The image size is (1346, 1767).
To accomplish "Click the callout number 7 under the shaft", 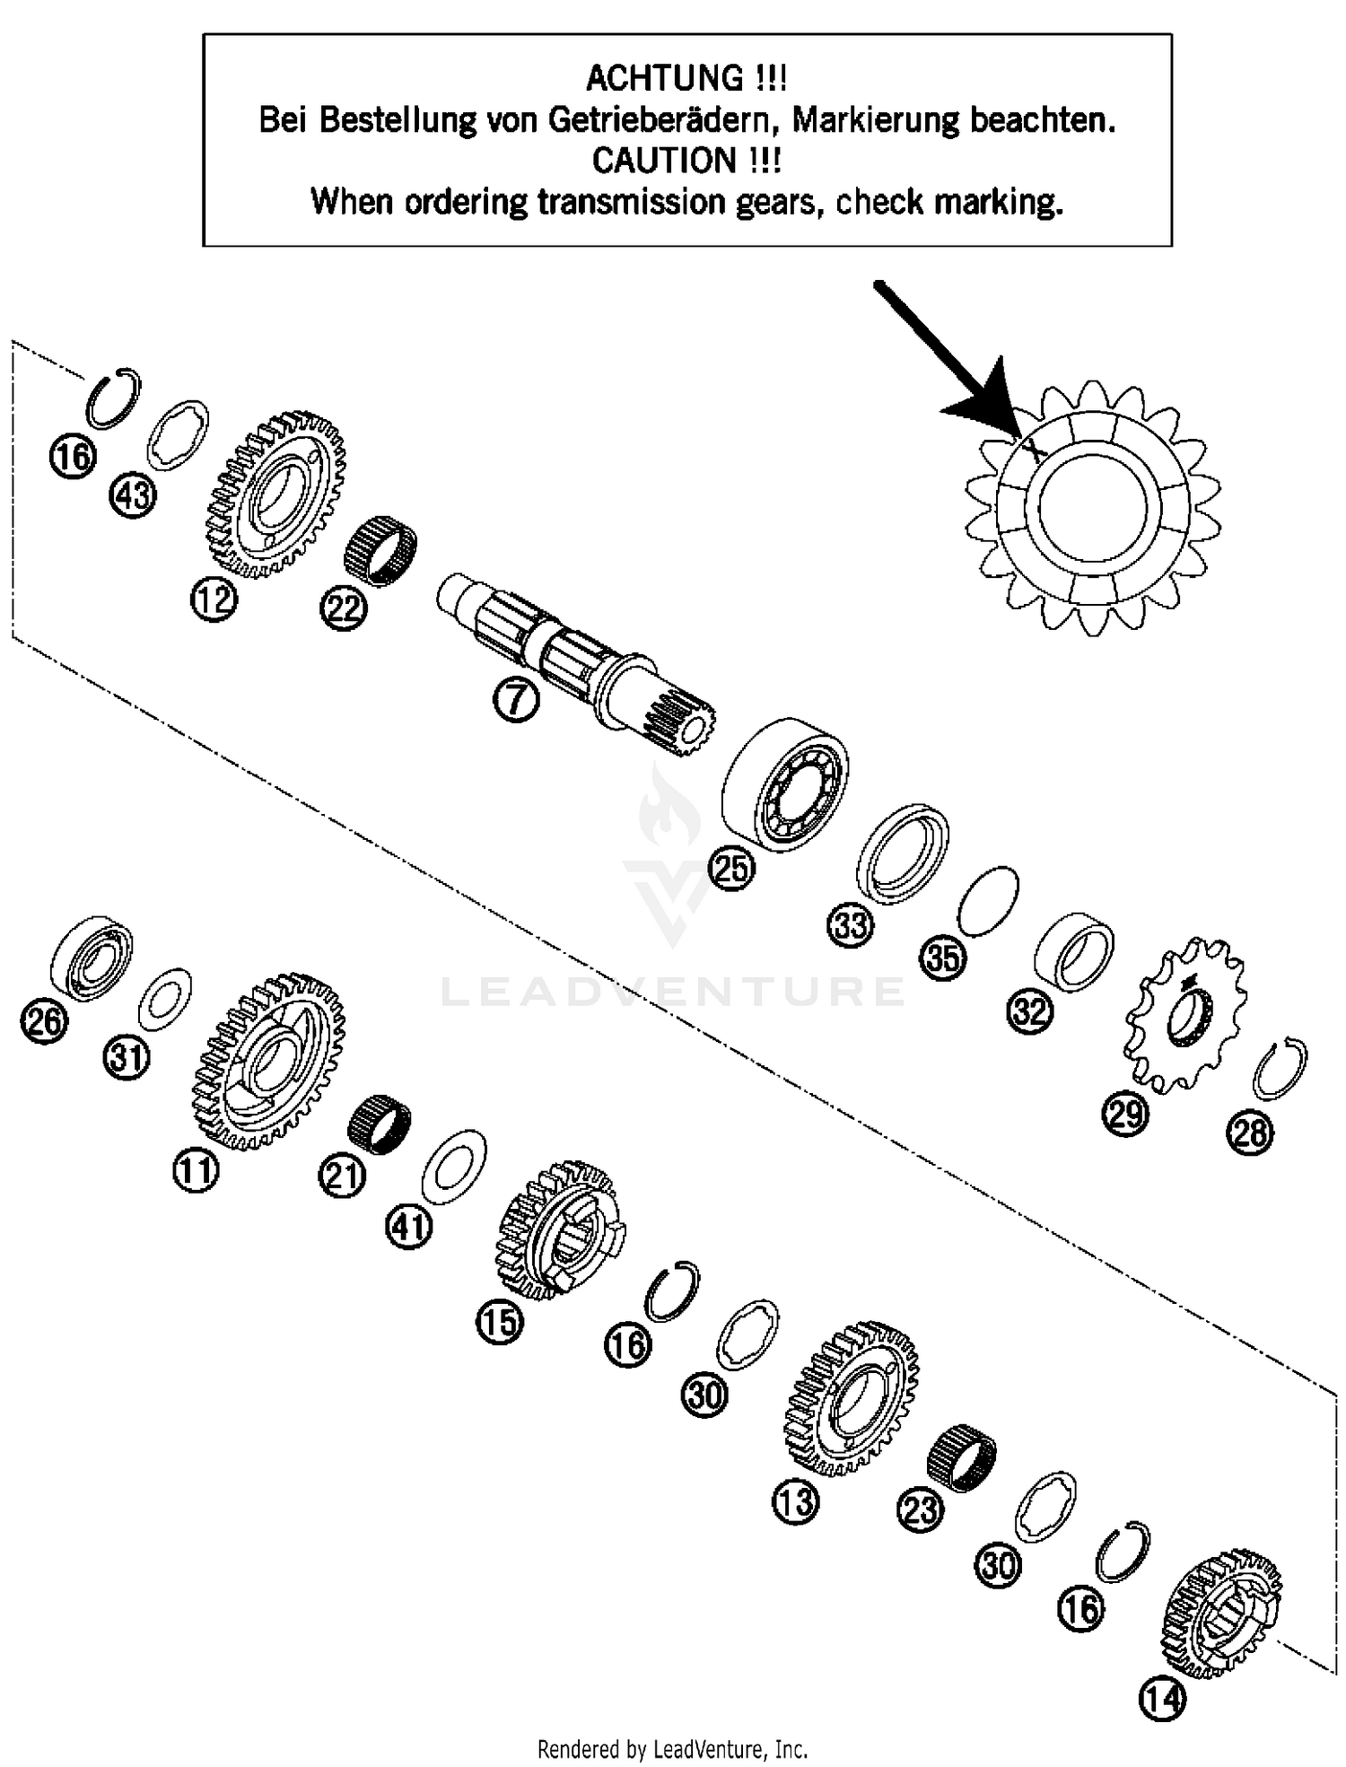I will (515, 700).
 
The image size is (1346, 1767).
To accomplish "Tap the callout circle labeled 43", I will (133, 494).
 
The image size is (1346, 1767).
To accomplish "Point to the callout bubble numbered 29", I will (1125, 1113).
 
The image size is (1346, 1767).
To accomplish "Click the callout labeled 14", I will (1162, 1698).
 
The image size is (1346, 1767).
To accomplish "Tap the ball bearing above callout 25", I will (786, 783).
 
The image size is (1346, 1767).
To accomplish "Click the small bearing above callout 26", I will (92, 958).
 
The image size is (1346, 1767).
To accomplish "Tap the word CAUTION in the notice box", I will (664, 161).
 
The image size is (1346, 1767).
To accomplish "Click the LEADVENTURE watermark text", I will (673, 992).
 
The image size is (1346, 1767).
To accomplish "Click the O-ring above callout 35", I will (988, 901).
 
